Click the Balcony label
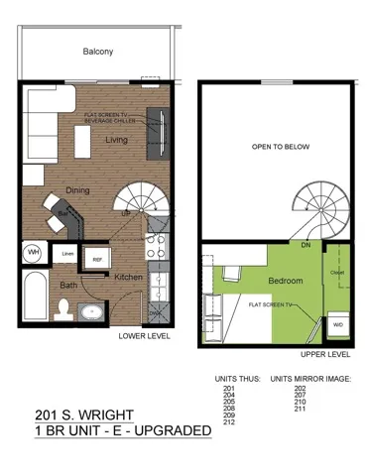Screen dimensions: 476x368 [x=96, y=51]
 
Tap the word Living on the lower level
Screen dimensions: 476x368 [x=117, y=140]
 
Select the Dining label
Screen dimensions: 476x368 [x=78, y=189]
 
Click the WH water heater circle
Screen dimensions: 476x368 [x=34, y=253]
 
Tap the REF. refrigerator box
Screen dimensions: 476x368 [x=97, y=260]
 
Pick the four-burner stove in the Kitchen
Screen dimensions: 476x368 [x=157, y=244]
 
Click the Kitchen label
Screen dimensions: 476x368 [x=127, y=278]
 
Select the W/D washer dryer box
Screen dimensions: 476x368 [x=337, y=323]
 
